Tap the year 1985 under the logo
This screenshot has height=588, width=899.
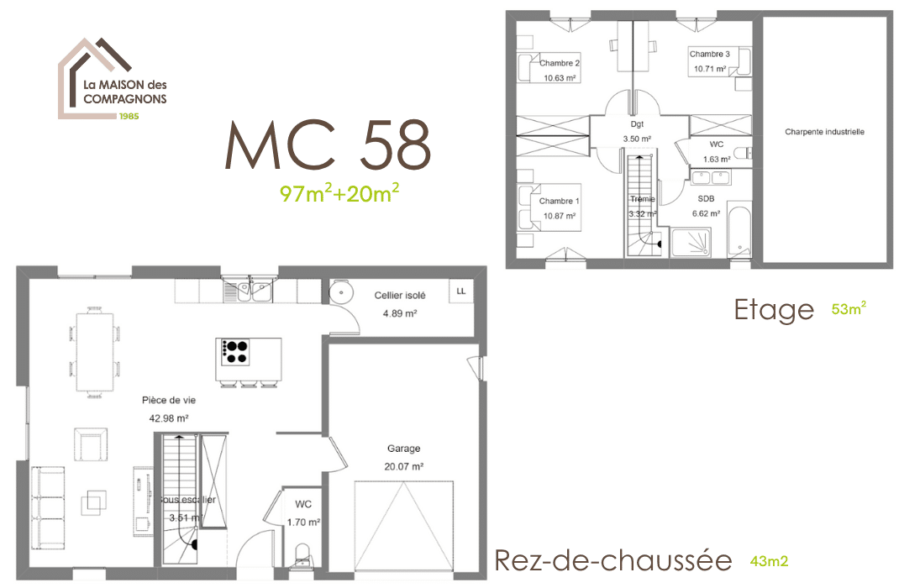[x=129, y=116]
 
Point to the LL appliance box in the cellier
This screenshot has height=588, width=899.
[x=460, y=291]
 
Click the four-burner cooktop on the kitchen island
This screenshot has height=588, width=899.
[x=236, y=351]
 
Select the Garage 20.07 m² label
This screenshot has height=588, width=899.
[x=404, y=457]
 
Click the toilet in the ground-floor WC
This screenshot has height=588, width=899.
[x=304, y=557]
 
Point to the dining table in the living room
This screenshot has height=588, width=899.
[x=94, y=350]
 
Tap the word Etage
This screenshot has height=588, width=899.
[x=774, y=309]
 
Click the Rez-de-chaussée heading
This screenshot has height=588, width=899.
[x=613, y=560]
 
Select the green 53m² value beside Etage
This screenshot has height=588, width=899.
[x=849, y=308]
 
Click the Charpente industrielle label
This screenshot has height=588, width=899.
[x=824, y=132]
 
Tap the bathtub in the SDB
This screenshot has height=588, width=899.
[x=739, y=230]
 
